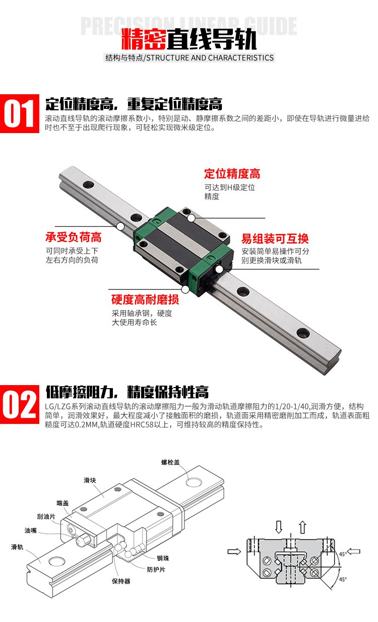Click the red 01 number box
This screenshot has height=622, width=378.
(x=20, y=113)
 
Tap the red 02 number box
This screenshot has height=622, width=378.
(x=20, y=404)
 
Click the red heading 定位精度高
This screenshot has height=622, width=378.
(x=232, y=174)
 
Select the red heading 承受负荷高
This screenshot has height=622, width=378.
(x=73, y=237)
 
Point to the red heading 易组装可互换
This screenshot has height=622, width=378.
(x=275, y=238)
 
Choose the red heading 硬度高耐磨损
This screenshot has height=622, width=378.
(x=145, y=299)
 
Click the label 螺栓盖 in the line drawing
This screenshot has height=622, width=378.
(x=170, y=462)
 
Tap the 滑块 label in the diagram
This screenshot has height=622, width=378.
(x=90, y=480)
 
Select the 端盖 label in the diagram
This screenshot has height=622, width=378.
(x=62, y=503)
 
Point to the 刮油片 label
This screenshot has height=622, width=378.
(x=46, y=517)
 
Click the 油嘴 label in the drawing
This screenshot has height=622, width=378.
(x=31, y=530)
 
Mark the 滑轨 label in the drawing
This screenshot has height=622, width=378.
(x=17, y=547)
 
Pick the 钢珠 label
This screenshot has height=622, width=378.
(x=163, y=558)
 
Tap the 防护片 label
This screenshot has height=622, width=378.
(x=156, y=570)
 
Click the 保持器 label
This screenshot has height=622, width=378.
(x=121, y=581)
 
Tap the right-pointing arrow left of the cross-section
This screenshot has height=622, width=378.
(x=234, y=551)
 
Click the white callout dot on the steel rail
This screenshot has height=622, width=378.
(x=120, y=227)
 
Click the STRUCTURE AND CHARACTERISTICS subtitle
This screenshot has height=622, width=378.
(x=210, y=58)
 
